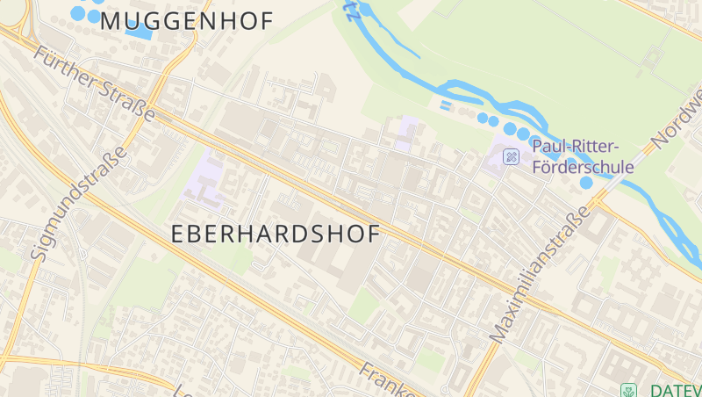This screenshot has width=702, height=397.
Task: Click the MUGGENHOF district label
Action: [x=187, y=21]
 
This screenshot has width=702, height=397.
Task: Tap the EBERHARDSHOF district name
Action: [x=275, y=235]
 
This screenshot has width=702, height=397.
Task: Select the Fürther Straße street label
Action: [x=95, y=84]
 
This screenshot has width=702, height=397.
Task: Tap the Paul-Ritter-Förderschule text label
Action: [x=583, y=155]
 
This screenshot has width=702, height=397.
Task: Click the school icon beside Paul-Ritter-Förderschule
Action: [x=511, y=156]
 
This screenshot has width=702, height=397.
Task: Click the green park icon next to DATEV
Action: [x=627, y=390]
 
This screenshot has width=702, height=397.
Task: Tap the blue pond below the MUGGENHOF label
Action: [x=139, y=31]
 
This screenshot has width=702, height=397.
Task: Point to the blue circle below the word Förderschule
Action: [x=585, y=183]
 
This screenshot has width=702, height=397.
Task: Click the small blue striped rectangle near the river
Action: [x=446, y=106]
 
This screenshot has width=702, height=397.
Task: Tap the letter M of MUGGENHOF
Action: [x=111, y=21]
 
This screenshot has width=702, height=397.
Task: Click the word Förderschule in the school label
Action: [x=583, y=166]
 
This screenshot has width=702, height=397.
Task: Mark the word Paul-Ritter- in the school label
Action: [x=576, y=146]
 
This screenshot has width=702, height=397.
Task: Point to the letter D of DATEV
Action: [x=655, y=390]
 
